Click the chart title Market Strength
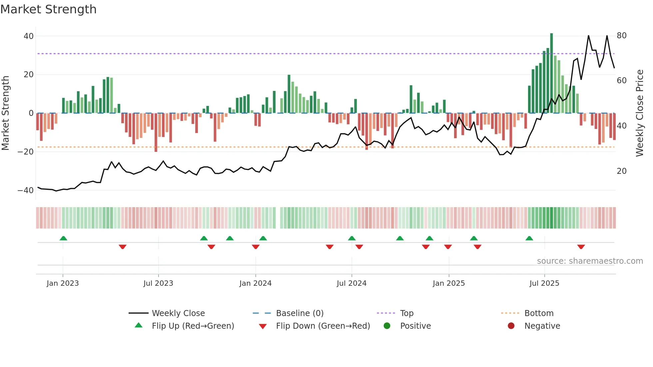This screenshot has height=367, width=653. click(48, 9)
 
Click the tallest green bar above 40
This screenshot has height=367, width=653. click(551, 73)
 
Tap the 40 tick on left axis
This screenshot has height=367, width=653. click(29, 36)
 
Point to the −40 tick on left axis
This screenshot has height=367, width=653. click(26, 190)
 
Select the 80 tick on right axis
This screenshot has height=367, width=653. click(621, 36)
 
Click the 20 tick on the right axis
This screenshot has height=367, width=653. click(621, 171)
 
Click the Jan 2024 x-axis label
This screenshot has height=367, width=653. click(255, 283)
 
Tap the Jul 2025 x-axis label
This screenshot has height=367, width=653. click(544, 283)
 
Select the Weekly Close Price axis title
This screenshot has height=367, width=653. click(639, 113)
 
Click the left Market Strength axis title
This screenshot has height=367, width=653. click(6, 113)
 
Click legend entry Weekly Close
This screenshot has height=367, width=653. click(178, 313)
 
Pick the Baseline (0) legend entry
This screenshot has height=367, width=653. click(300, 313)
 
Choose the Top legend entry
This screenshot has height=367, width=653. click(406, 313)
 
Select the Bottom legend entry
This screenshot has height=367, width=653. click(539, 313)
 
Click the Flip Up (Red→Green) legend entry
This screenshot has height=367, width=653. click(193, 326)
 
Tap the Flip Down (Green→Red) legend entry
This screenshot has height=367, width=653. click(323, 326)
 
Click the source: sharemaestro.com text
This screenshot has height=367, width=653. click(590, 261)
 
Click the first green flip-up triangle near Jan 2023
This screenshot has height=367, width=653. click(63, 238)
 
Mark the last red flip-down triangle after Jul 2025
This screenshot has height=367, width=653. click(581, 247)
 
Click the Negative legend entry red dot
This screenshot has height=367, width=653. click(511, 326)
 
